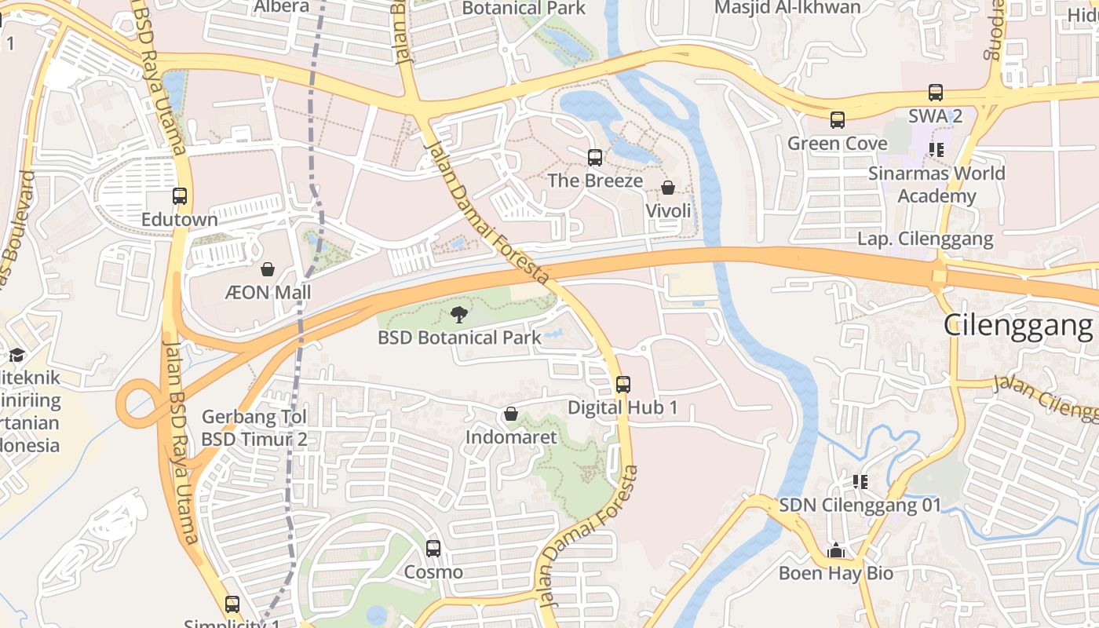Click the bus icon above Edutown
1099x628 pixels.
pos(180,196)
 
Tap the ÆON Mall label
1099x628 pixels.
pos(268,293)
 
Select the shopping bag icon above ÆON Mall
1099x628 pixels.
pos(268,270)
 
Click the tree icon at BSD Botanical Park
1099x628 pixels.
pos(458,316)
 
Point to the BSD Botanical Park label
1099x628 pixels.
pos(459,338)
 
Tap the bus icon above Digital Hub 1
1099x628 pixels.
pos(623,385)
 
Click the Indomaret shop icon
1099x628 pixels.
pos(511,414)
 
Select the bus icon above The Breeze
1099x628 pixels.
pos(595,158)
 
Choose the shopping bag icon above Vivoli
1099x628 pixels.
pos(668,188)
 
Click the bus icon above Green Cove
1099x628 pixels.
pos(838,120)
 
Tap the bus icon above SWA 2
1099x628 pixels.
pos(935,93)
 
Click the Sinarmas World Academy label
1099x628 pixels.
pos(937,184)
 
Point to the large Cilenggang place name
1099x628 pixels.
pos(1018,324)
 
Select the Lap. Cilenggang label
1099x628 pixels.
pos(925,239)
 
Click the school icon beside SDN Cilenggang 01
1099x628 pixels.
pos(860,481)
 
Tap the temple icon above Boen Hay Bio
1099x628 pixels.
pos(836,550)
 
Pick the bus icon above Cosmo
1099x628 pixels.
pos(433,549)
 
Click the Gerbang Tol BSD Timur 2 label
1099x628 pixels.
pos(254,428)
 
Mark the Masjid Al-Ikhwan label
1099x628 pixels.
pos(787,8)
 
